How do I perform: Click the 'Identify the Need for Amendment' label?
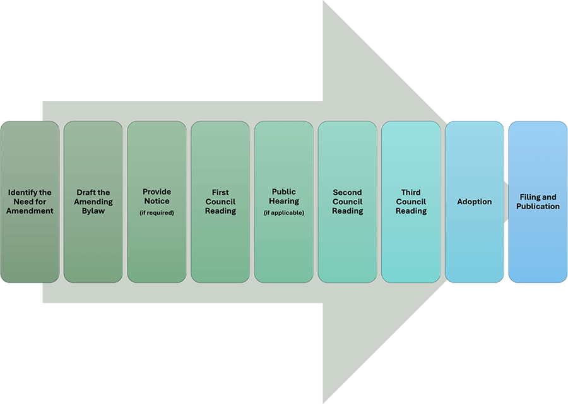coord(30,202)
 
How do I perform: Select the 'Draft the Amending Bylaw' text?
coord(93,202)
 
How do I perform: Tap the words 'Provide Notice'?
coord(157,196)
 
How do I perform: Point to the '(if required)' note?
coord(157,213)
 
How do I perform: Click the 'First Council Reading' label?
coord(220,202)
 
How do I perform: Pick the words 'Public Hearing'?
coord(284,196)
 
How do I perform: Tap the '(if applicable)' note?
coord(284,213)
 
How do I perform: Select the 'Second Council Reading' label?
coord(348,202)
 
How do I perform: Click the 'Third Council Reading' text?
coord(411,202)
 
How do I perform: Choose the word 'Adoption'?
coord(475,202)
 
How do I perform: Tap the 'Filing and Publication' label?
coord(538,202)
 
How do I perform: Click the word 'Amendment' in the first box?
coord(30,211)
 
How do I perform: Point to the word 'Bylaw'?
coord(93,211)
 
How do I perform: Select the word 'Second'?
coord(348,192)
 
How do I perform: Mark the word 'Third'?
coord(411,192)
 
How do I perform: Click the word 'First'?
coord(220,192)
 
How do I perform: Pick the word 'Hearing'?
coord(284,201)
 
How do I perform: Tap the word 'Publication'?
coord(538,206)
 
